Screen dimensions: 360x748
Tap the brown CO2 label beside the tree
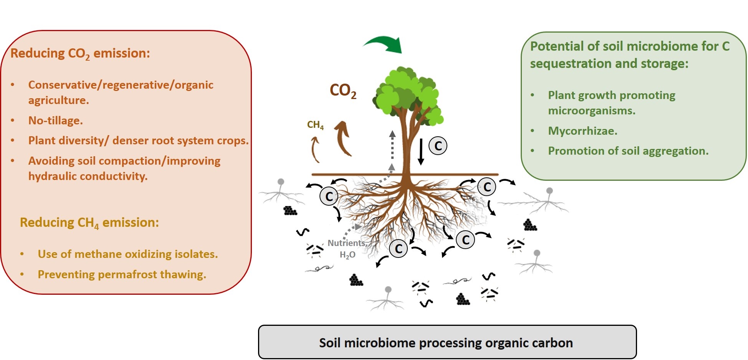(343, 91)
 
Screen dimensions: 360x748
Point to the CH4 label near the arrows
(315, 125)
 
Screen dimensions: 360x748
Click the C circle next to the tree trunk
(438, 146)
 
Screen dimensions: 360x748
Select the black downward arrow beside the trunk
(421, 152)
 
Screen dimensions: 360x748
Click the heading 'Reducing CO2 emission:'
(80, 53)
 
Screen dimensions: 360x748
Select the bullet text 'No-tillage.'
(56, 121)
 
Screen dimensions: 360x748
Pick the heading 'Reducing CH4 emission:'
(89, 223)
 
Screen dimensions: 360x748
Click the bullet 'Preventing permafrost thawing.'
(122, 274)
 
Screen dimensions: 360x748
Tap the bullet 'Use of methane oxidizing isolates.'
(127, 254)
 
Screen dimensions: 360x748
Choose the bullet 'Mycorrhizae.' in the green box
(583, 131)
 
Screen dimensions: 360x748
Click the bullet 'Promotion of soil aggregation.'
(628, 151)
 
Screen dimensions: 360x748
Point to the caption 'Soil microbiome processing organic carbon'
(446, 343)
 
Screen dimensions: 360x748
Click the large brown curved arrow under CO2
(343, 138)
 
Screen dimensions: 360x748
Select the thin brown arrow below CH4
(315, 150)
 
